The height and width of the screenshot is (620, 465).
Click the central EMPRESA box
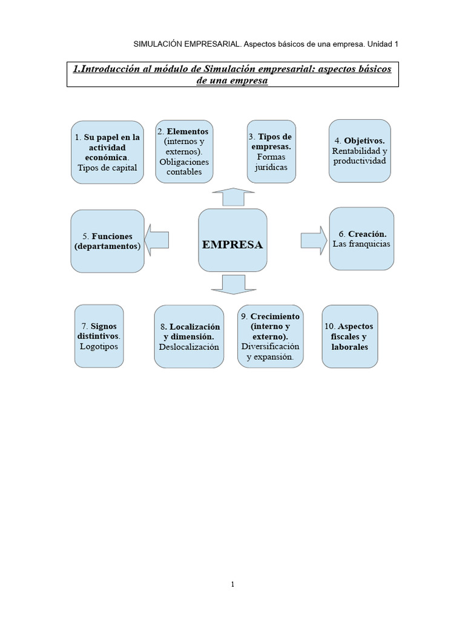click(x=232, y=240)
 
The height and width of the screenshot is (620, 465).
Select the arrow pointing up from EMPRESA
click(x=229, y=197)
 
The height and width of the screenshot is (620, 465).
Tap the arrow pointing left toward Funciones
click(x=156, y=240)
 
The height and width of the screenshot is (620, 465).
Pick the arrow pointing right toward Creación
click(x=313, y=239)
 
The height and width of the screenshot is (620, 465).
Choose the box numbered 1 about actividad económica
click(x=107, y=152)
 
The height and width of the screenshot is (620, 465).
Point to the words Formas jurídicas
click(x=271, y=162)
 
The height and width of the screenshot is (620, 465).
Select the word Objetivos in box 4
click(x=364, y=140)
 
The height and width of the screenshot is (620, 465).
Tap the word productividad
click(x=359, y=161)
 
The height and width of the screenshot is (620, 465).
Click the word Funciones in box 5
click(x=112, y=236)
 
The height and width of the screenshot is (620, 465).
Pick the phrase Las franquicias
click(x=361, y=244)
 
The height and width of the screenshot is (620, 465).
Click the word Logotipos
click(x=99, y=346)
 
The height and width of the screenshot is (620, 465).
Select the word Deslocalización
click(x=189, y=347)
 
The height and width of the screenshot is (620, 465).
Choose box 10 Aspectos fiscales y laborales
click(x=350, y=337)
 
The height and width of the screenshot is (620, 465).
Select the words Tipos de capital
click(x=107, y=168)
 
